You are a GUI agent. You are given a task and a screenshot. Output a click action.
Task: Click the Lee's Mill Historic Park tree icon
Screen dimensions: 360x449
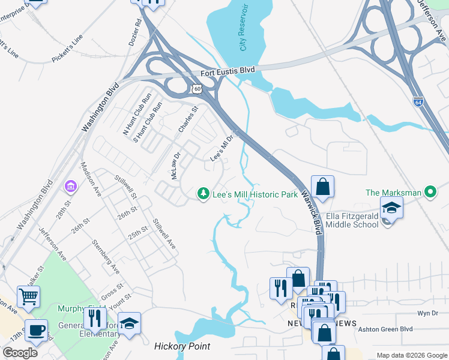pos(204,193)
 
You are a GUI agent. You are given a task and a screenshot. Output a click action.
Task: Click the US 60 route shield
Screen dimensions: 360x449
pos(196,88)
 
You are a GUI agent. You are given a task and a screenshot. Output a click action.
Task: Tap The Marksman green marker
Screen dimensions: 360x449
pos(429,193)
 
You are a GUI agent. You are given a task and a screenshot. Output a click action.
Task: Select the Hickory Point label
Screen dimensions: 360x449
pos(182,346)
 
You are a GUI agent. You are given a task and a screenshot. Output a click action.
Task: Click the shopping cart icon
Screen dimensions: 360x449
pos(28,296)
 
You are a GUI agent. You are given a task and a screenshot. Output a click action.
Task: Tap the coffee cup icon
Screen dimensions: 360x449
pos(36,330)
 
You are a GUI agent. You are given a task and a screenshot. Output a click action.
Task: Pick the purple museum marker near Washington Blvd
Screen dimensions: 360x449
pos(71,187)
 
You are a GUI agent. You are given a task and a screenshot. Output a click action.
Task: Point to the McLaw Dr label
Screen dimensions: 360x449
pos(176,166)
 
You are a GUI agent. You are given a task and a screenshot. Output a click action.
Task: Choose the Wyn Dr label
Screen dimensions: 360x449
pos(427,314)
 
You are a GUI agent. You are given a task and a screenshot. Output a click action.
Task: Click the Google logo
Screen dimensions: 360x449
pos(20,352)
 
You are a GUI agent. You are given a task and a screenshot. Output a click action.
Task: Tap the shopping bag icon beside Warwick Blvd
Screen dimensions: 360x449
pos(322,187)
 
